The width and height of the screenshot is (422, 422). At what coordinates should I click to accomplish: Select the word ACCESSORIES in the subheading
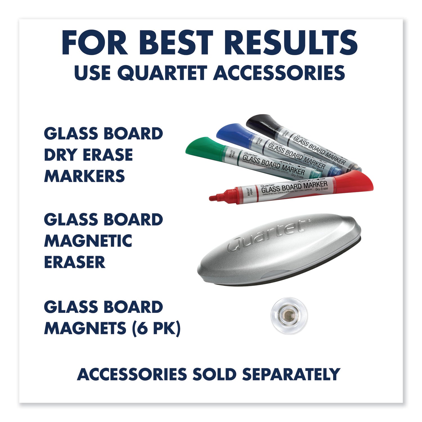279,73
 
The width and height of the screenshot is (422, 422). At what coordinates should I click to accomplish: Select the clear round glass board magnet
289,315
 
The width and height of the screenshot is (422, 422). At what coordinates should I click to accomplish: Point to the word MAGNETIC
88,241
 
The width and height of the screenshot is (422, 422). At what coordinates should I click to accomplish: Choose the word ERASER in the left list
75,262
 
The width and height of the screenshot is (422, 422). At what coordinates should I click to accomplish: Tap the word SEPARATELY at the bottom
291,374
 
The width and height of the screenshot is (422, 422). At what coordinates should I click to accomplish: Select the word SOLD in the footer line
214,374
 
